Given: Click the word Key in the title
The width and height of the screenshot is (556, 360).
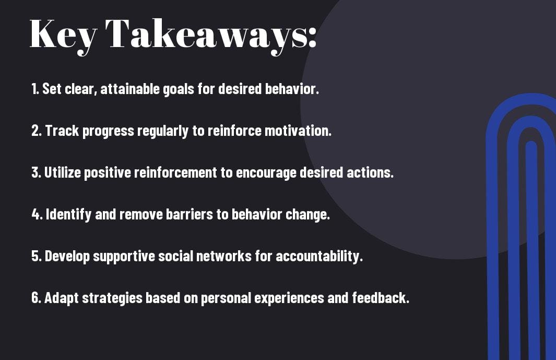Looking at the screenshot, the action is click(63, 36).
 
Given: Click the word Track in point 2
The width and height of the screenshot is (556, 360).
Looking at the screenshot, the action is click(62, 131).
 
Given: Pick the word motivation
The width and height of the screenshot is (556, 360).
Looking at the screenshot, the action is click(298, 131).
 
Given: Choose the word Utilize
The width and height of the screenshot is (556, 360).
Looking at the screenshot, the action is click(63, 172).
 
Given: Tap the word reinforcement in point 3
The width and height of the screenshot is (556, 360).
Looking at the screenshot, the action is click(175, 172).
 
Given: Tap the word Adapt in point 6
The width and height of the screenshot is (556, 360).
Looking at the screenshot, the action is click(62, 298).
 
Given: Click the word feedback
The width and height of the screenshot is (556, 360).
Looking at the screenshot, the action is click(381, 297).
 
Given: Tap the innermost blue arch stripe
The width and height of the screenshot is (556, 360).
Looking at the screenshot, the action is click(531, 249).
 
